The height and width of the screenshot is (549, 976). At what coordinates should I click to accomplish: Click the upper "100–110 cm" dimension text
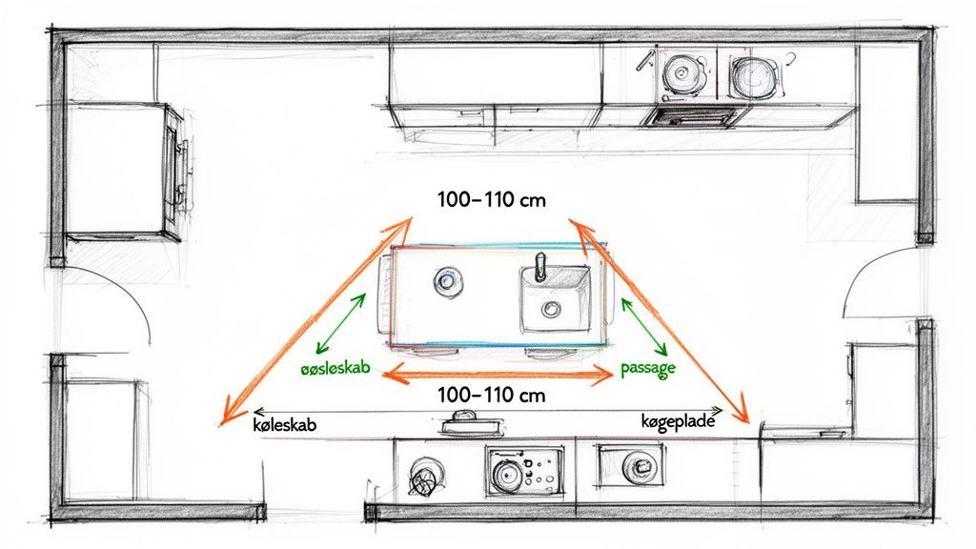(x=492, y=200)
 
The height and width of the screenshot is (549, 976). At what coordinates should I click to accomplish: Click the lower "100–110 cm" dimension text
(x=492, y=395)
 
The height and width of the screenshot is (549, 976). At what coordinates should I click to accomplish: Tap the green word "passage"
(x=648, y=369)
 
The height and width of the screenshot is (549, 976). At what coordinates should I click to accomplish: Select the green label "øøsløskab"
(x=335, y=368)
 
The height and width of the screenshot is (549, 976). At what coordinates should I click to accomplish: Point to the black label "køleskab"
(x=284, y=424)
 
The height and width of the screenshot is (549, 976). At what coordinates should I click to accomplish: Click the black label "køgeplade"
(x=678, y=421)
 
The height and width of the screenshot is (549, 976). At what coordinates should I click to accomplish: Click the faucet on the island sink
(x=540, y=267)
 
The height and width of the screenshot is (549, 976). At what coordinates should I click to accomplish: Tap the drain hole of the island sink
(x=550, y=308)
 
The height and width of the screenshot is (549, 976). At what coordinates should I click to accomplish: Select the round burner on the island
(x=448, y=281)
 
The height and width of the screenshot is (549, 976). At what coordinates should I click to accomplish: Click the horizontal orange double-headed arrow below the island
(x=498, y=374)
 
